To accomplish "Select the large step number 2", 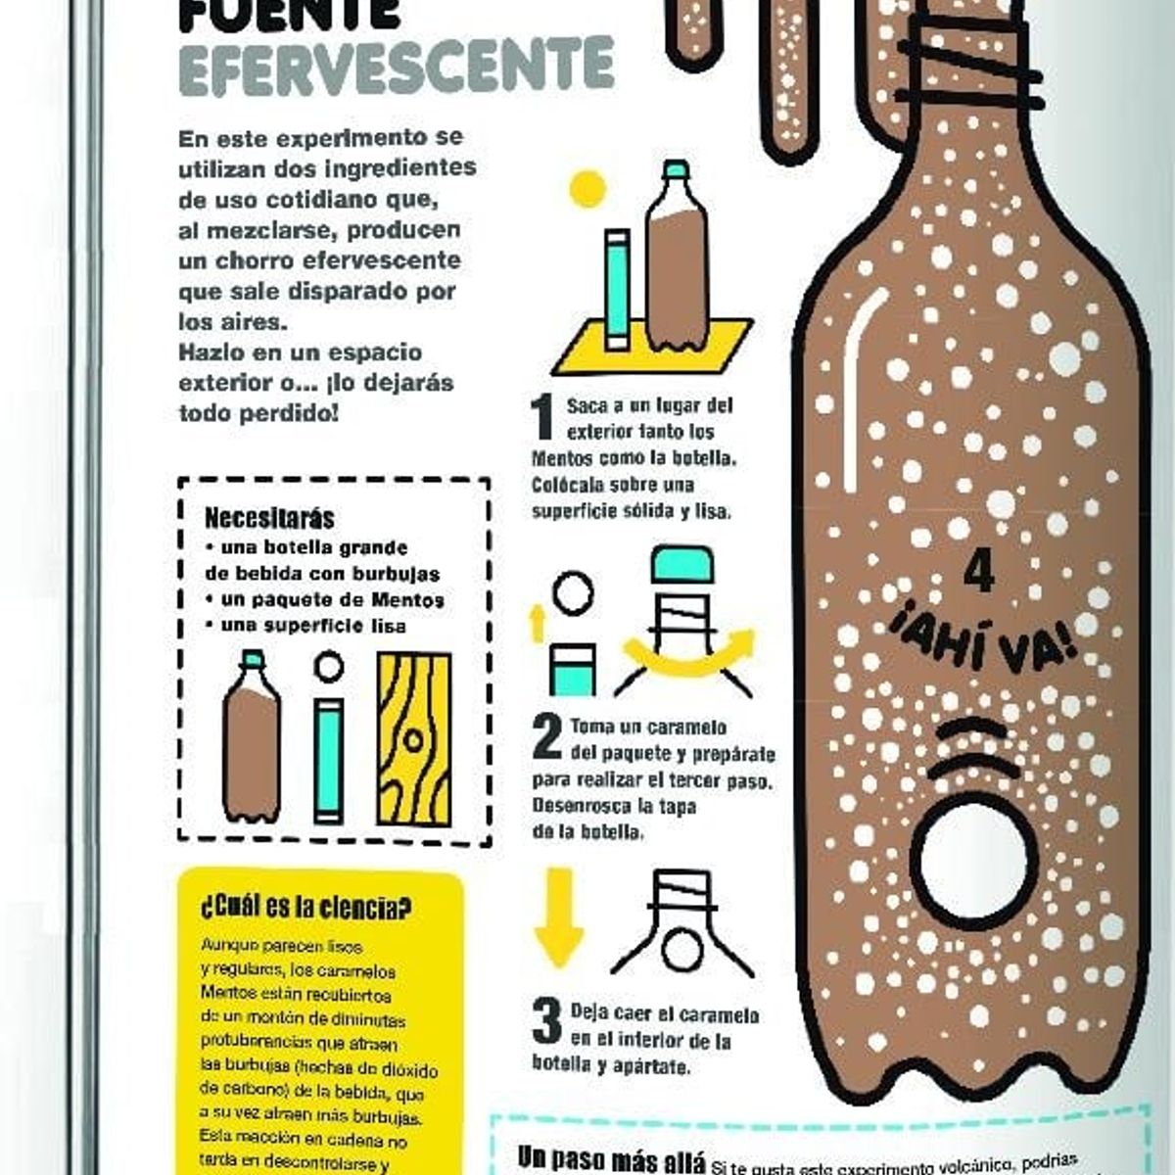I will coord(546,736).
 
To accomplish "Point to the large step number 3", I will coord(546,1020).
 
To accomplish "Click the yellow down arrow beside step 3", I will coord(559,916).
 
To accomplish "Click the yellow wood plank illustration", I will coord(414,739).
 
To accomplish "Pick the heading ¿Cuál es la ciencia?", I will coord(305,907).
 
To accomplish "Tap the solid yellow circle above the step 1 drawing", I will coord(587,189).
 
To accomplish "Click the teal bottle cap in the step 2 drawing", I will coord(682,566).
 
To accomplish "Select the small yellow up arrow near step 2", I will coord(537,623).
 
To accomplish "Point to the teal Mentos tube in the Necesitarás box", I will coord(329,759).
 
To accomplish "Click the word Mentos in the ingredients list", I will coord(409,599).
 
